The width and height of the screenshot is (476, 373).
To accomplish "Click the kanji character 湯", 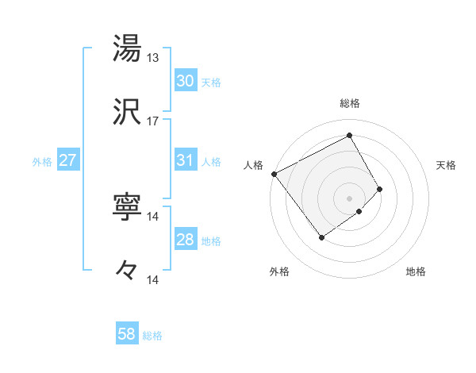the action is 127,48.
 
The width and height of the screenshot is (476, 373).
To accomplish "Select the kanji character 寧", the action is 127,206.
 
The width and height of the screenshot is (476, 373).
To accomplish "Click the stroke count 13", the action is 153,57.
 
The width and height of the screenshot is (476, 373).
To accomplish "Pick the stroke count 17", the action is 153,121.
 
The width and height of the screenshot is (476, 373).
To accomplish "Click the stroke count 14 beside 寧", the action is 153,216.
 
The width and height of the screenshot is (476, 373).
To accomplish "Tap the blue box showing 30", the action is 186,81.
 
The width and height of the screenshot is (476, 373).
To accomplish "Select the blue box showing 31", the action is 186,160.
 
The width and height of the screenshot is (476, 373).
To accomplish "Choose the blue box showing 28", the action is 186,240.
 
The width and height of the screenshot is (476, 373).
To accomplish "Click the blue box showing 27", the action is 68,160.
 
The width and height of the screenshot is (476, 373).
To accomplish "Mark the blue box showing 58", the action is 127,334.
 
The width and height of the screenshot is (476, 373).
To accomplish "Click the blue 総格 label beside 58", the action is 152,336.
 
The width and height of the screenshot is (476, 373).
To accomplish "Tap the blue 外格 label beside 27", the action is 42,162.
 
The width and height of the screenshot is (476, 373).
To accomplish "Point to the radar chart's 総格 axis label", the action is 350,103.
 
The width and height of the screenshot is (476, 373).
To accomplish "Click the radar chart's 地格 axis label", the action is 416,271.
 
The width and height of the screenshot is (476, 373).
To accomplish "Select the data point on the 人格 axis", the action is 274,174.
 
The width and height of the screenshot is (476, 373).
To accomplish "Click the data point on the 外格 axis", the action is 322,236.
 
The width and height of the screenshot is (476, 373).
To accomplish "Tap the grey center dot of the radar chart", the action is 350,198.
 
